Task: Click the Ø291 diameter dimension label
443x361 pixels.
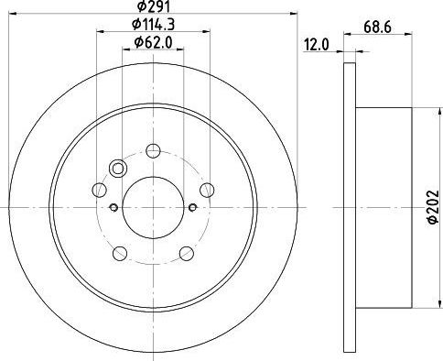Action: (x=153, y=5)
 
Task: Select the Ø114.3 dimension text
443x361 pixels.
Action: (x=153, y=25)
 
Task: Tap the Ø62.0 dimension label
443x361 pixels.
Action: (x=153, y=42)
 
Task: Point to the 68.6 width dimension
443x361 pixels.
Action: (x=377, y=27)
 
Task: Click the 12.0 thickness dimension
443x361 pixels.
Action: (x=317, y=46)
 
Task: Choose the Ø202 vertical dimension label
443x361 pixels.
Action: (x=433, y=207)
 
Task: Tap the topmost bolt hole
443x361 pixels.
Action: (x=153, y=150)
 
